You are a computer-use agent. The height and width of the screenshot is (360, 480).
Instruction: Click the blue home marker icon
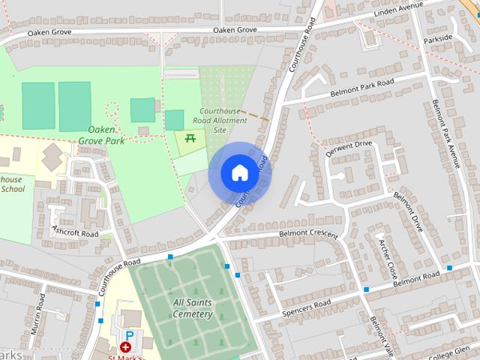coord(239,172)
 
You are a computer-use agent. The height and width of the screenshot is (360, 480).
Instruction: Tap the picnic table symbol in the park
coord(190,138)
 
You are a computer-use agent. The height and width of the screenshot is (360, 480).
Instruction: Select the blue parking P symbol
coord(129,336)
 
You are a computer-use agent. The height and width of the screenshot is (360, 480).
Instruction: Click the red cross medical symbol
coord(125,348)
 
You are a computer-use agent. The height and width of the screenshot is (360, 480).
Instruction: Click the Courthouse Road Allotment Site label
coord(220,120)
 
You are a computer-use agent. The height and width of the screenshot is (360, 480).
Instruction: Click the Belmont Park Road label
coord(362,88)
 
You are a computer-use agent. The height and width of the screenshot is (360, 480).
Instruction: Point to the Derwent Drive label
coord(349,148)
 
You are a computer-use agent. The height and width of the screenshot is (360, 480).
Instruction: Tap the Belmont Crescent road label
coord(308,233)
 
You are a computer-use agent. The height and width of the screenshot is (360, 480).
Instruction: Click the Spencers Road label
coord(306,307)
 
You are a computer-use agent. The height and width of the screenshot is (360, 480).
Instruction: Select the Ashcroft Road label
coord(75,233)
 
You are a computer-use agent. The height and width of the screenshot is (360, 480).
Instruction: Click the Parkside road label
coord(438,38)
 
